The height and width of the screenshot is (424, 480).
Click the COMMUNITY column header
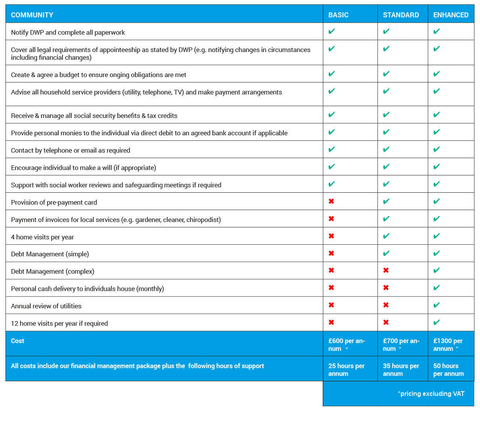coord(32,15)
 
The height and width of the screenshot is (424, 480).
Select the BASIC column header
coord(338,15)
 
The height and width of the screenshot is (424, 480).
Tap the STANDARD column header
coord(401,15)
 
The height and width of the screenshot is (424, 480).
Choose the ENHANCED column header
coord(451,15)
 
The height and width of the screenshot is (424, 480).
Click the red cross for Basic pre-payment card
coord(331,201)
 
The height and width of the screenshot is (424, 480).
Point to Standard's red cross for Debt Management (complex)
coord(386,270)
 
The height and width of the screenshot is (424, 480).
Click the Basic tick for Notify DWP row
coord(332,31)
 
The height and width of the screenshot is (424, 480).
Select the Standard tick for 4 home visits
coord(386,236)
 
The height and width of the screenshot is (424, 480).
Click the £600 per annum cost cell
coord(346,345)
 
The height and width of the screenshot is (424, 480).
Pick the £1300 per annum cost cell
coord(448,345)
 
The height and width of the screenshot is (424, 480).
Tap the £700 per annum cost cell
coord(401,345)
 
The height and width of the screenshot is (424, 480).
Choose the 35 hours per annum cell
coord(401,370)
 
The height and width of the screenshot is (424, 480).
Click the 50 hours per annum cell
coord(448,370)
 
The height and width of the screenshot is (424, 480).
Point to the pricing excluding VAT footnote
coord(431,394)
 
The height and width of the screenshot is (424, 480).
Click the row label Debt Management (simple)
coord(50,254)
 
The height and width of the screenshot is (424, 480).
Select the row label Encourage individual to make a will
coord(83,167)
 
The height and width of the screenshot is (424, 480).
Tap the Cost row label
coord(17,341)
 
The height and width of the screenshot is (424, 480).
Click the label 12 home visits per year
coord(59,323)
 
